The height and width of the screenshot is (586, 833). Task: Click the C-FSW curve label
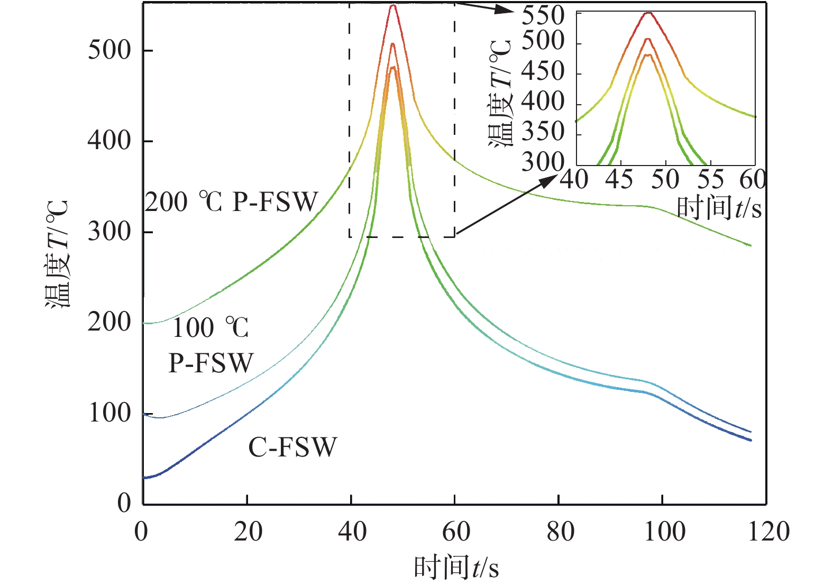point(292,447)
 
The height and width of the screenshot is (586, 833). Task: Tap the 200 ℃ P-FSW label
point(232,202)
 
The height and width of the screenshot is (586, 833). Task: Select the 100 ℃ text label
point(210,328)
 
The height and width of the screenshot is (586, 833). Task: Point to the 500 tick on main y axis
point(109,50)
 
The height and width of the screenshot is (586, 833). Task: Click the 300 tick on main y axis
point(109,232)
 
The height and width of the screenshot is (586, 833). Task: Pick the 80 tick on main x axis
point(560,532)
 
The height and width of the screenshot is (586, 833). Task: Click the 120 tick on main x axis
point(768,532)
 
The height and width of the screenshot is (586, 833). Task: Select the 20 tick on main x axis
point(248,532)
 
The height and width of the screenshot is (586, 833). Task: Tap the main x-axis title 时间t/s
point(456,568)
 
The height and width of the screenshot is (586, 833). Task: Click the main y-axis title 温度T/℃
point(57,254)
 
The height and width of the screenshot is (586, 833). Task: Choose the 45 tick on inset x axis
point(619,180)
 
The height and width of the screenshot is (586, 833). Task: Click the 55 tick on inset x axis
point(710,180)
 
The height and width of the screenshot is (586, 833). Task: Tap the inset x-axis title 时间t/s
point(719,207)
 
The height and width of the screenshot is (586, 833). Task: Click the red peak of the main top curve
point(392,6)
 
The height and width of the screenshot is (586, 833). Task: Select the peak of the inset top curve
point(649,13)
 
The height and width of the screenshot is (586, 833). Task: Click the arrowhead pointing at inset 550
point(506,10)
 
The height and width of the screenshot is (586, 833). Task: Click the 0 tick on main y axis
point(124,502)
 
